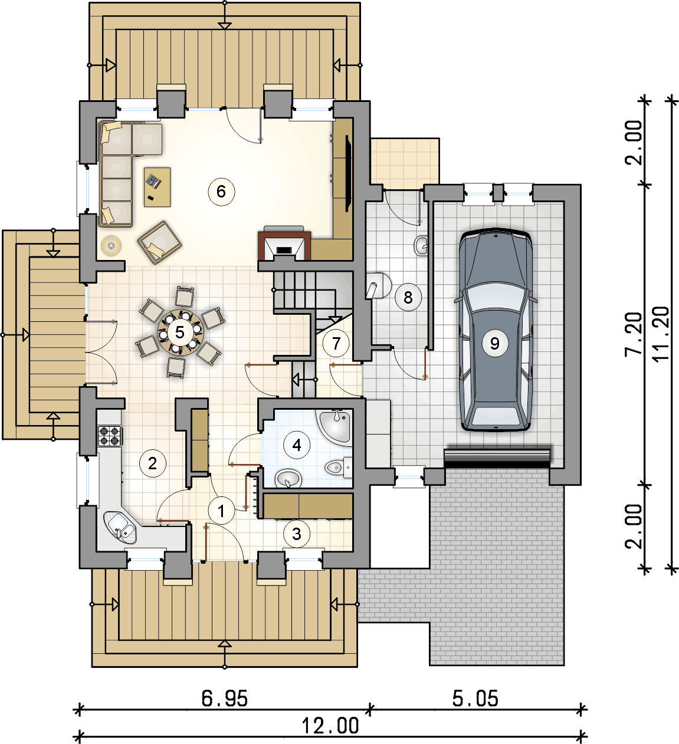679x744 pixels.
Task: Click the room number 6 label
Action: (x=221, y=192)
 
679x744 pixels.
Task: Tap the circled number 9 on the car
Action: (x=495, y=343)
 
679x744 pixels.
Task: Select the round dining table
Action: (x=180, y=333)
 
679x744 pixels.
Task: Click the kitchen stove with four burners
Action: (x=110, y=436)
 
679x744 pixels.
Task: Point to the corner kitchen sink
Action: (x=120, y=527)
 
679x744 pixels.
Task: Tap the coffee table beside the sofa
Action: (x=158, y=187)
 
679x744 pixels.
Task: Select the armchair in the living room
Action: (x=159, y=242)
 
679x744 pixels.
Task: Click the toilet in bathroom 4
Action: (x=339, y=468)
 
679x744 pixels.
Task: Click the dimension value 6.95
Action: (x=224, y=699)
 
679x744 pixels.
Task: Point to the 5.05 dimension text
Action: (x=475, y=699)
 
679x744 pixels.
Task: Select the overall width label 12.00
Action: (x=330, y=726)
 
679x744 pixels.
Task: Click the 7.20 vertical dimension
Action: (x=634, y=334)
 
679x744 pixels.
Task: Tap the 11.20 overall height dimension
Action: (x=661, y=334)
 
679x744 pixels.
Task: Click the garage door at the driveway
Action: (x=497, y=459)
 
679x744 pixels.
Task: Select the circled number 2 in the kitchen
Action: (x=153, y=463)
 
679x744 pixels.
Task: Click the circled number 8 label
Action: (x=408, y=297)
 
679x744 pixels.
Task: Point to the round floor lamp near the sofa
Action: (x=111, y=245)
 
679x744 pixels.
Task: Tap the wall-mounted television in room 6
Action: (x=348, y=173)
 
